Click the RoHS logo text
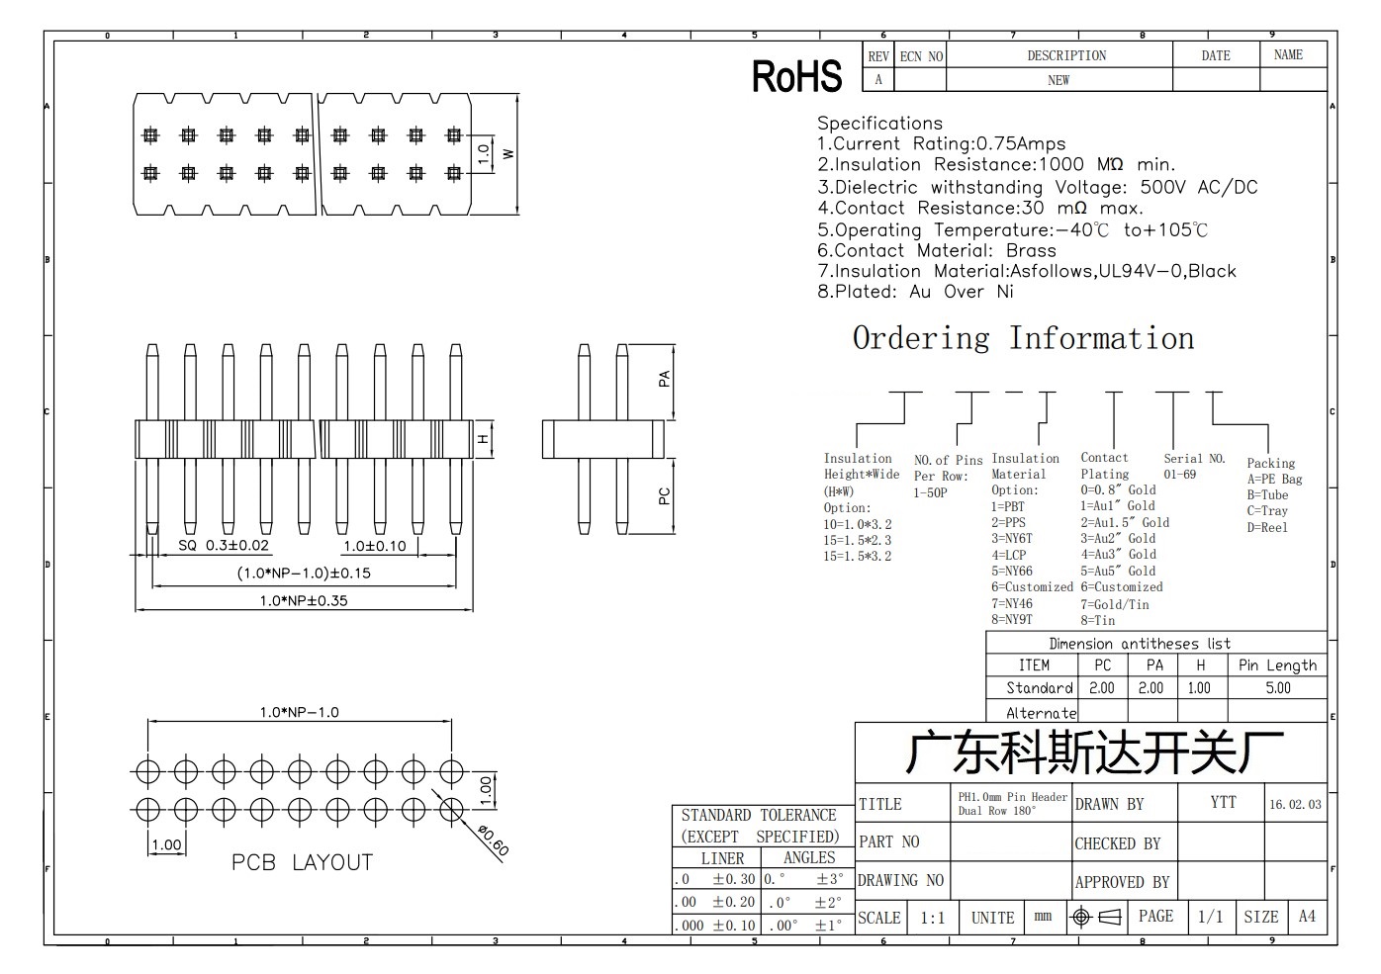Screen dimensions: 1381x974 pyautogui.click(x=796, y=76)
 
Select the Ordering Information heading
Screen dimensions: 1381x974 pyautogui.click(x=1024, y=339)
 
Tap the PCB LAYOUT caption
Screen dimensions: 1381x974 pyautogui.click(x=302, y=862)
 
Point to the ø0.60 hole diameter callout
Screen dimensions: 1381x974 pyautogui.click(x=494, y=841)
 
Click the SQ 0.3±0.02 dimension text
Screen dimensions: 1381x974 pyautogui.click(x=224, y=545)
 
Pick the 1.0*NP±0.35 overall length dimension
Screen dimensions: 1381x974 pyautogui.click(x=304, y=600)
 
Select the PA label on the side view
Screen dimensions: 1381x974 pyautogui.click(x=664, y=379)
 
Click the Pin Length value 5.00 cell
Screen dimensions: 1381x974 pyautogui.click(x=1278, y=688)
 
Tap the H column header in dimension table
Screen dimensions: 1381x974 pyautogui.click(x=1200, y=665)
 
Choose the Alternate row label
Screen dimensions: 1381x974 pyautogui.click(x=1042, y=713)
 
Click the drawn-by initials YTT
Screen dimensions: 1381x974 pyautogui.click(x=1223, y=802)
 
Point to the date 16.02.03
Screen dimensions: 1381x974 pyautogui.click(x=1295, y=805)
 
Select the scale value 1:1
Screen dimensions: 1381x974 pyautogui.click(x=932, y=919)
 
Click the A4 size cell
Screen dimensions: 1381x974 pyautogui.click(x=1307, y=917)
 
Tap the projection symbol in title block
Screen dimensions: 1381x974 pyautogui.click(x=1096, y=918)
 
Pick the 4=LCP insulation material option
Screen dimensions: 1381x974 pyautogui.click(x=1009, y=555)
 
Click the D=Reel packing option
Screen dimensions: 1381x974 pyautogui.click(x=1267, y=527)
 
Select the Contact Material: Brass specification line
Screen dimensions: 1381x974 pyautogui.click(x=937, y=251)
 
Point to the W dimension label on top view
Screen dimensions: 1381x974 pyautogui.click(x=508, y=154)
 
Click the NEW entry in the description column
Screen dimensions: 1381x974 pyautogui.click(x=1059, y=81)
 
